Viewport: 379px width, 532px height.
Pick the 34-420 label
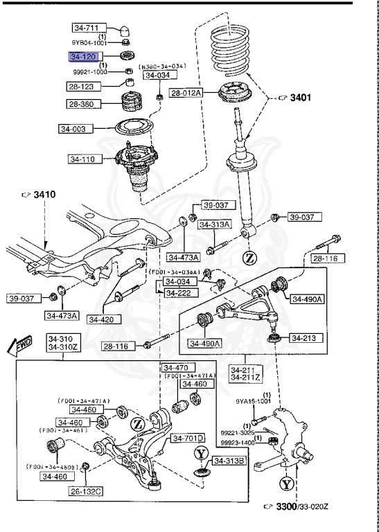(100, 319)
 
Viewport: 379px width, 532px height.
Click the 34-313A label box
(215, 224)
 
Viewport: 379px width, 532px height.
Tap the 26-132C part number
(85, 491)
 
